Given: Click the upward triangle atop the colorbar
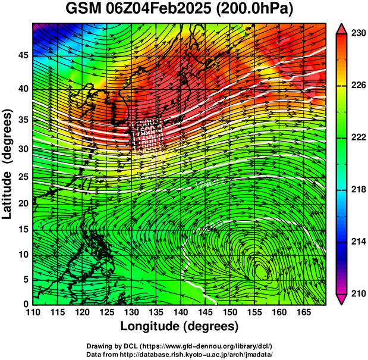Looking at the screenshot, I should [x=343, y=29].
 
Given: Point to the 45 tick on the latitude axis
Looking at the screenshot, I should [x=22, y=56].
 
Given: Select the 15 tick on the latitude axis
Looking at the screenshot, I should [x=22, y=229].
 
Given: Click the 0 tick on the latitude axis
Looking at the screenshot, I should [x=25, y=305].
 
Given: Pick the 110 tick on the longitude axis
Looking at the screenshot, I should [x=33, y=313].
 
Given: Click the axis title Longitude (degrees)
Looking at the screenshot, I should [x=180, y=326].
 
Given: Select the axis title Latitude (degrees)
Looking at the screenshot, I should [x=8, y=164].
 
